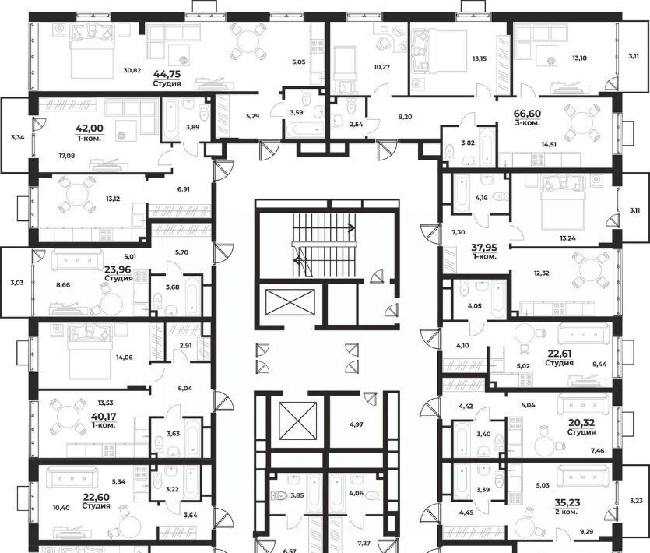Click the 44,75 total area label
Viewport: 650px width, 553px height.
click(167, 74)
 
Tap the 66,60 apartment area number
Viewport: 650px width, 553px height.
click(527, 114)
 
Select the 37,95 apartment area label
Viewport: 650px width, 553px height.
click(484, 248)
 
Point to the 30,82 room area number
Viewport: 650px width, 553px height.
click(132, 70)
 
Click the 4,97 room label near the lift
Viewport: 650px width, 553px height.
click(356, 424)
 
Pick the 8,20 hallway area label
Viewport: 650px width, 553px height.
click(405, 117)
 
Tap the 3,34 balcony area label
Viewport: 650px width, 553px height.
click(18, 136)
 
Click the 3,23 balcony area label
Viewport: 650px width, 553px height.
click(636, 501)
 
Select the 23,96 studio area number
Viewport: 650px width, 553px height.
click(118, 270)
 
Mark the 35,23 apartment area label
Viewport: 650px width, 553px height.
click(567, 503)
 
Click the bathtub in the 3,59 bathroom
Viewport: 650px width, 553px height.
click(303, 129)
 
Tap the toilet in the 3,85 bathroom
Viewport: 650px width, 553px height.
click(279, 495)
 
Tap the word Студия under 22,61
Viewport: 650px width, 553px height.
click(559, 363)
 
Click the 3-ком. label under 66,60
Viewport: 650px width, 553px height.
click(527, 122)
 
